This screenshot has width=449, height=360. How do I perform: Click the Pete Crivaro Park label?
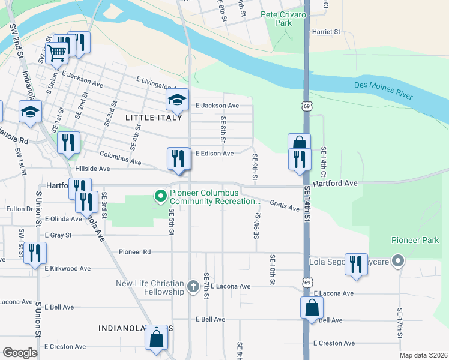tap(276, 18)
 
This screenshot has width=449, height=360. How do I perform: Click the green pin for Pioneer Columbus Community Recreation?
tap(160, 196)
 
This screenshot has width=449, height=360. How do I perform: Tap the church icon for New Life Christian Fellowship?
tap(193, 286)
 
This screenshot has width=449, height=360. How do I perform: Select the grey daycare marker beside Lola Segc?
tap(397, 261)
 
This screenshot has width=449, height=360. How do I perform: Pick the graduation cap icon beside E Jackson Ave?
tap(177, 99)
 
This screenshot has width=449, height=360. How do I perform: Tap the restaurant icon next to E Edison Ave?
tap(178, 158)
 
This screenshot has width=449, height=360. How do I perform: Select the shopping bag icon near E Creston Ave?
tap(156, 338)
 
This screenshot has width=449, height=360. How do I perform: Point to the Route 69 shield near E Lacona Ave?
tap(307, 282)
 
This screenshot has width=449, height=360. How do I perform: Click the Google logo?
tap(20, 353)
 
